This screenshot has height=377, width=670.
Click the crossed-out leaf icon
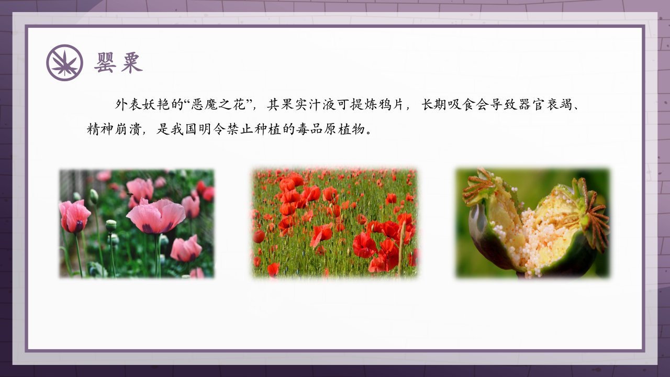coord(64,62)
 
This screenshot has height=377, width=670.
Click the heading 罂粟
coord(118,62)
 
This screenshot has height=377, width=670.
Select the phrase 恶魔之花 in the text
coord(218,104)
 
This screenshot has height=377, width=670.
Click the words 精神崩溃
coord(114,129)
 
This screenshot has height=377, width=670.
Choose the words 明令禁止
coord(226,129)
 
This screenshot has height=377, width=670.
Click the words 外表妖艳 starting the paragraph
coord(142,104)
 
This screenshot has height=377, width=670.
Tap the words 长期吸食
coord(449,104)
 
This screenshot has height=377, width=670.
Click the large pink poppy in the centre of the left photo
coord(156,216)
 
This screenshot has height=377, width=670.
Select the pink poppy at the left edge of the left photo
coord(74,216)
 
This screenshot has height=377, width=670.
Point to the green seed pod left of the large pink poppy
coord(111,225)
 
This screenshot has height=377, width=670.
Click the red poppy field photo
coord(334,223)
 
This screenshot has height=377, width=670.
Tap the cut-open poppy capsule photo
coord(533,223)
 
